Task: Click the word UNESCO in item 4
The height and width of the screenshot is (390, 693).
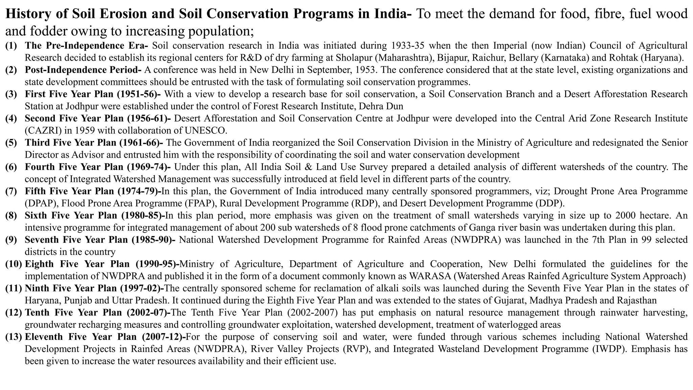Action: [209, 130]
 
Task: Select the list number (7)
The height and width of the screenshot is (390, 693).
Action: [11, 191]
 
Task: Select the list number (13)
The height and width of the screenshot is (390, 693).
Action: [14, 337]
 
